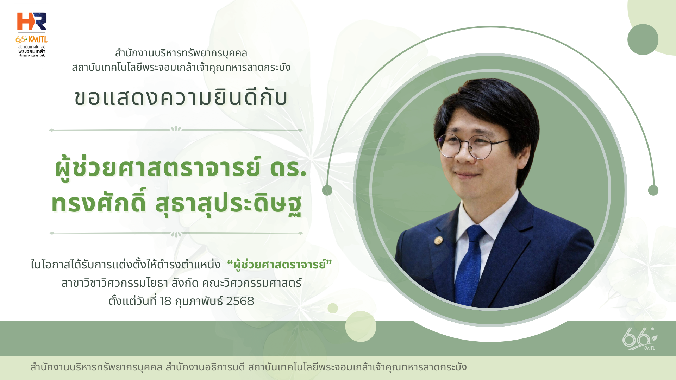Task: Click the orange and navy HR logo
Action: (x=32, y=21)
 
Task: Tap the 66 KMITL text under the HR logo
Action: (x=32, y=39)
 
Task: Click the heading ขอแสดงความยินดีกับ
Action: (x=181, y=97)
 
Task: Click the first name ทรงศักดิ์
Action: (x=99, y=203)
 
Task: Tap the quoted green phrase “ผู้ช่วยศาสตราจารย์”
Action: (x=280, y=265)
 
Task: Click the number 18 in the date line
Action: (x=165, y=301)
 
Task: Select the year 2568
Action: (x=240, y=301)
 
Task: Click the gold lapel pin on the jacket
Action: (x=438, y=240)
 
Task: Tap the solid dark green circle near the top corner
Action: (x=643, y=39)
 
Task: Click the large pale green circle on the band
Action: (x=361, y=327)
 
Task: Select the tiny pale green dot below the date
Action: (x=332, y=308)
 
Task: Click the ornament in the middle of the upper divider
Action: (x=176, y=129)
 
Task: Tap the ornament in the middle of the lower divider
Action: (x=176, y=234)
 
